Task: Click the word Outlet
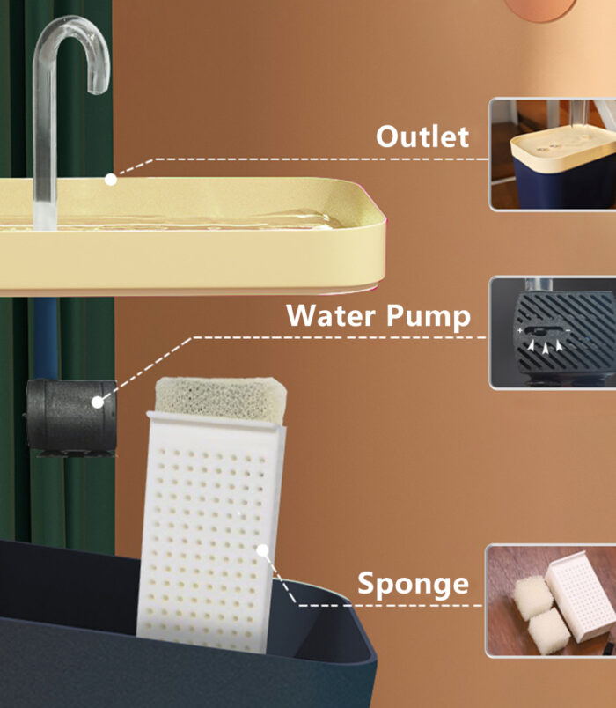422,136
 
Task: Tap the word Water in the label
331,315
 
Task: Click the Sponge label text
413,585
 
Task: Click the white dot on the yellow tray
111,180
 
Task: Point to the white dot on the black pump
98,402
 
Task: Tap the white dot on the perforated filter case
262,550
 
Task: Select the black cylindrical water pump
71,417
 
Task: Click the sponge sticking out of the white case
221,400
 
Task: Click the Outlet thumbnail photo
553,154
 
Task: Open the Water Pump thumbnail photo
553,333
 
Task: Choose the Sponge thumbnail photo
551,601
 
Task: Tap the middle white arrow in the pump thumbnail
546,347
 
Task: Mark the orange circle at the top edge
539,8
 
